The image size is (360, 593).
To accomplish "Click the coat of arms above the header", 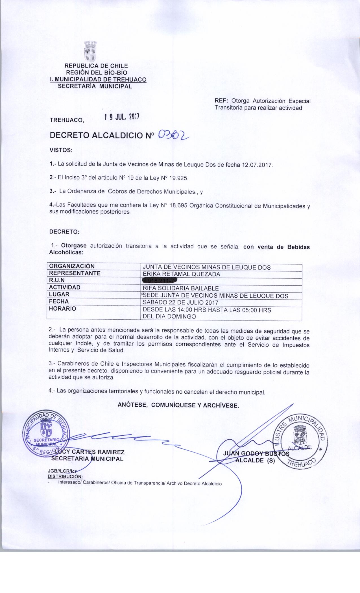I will pyautogui.click(x=91, y=51).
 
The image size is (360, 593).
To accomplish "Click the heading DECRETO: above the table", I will pyautogui.click(x=64, y=232).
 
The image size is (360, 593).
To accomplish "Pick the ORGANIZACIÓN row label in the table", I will pyautogui.click(x=72, y=266).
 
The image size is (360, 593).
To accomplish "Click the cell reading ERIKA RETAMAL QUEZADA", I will pyautogui.click(x=182, y=274).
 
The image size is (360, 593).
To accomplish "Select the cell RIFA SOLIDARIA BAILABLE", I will pyautogui.click(x=181, y=288).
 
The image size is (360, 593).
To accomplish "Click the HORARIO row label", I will pyautogui.click(x=62, y=309).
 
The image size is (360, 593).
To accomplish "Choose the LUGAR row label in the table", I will pyautogui.click(x=59, y=295).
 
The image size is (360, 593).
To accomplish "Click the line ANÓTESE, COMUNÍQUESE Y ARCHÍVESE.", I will pyautogui.click(x=178, y=405).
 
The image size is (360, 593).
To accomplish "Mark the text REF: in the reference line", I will pyautogui.click(x=222, y=101).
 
